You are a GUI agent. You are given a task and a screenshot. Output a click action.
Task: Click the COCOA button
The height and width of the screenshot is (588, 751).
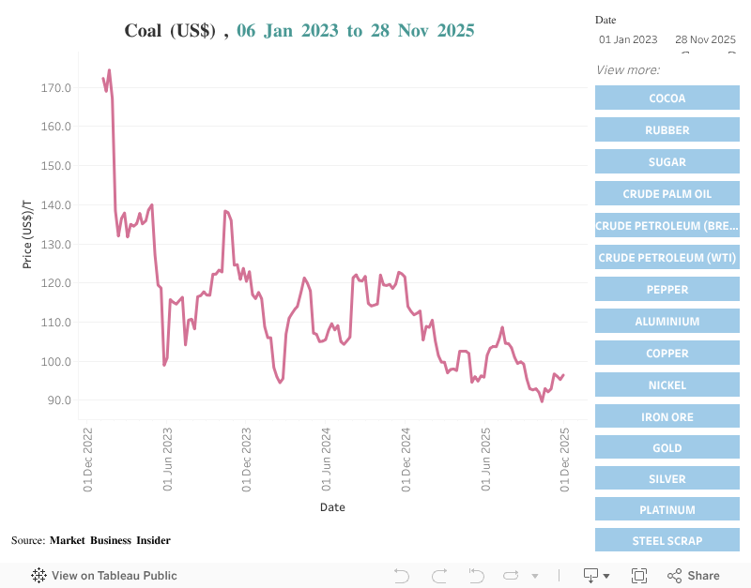[667, 98]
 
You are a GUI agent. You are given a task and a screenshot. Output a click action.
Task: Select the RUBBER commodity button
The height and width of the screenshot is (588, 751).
[667, 130]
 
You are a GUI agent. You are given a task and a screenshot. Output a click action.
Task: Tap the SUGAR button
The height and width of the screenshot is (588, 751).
[667, 162]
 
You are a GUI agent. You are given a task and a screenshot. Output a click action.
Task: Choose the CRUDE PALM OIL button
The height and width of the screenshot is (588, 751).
[667, 194]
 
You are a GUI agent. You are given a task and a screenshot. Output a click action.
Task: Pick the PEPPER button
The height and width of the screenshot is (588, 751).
[667, 290]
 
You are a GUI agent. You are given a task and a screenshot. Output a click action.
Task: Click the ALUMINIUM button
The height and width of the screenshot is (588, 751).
[667, 322]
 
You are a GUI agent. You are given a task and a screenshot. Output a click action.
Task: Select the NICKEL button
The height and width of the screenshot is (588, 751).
[667, 385]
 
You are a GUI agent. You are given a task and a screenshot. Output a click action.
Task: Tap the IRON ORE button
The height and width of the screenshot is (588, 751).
[667, 417]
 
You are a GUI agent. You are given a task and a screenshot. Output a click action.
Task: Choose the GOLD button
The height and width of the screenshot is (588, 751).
[667, 448]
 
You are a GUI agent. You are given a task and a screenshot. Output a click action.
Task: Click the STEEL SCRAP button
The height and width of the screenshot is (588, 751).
[667, 541]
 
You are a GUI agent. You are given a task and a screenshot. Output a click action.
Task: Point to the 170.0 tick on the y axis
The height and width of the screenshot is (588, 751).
[56, 88]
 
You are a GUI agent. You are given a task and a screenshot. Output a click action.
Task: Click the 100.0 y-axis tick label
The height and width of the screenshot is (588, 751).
[56, 362]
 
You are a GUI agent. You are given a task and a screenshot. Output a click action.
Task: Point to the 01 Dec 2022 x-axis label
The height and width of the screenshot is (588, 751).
[87, 460]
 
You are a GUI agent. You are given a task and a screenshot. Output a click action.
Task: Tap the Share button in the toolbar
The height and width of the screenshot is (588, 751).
[694, 576]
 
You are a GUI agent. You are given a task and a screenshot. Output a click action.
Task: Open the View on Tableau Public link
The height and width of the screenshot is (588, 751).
[104, 576]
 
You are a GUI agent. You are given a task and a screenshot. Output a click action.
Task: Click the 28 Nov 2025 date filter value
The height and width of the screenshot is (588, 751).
[705, 39]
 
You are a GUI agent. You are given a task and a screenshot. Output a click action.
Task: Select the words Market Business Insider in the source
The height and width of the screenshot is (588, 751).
[110, 540]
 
